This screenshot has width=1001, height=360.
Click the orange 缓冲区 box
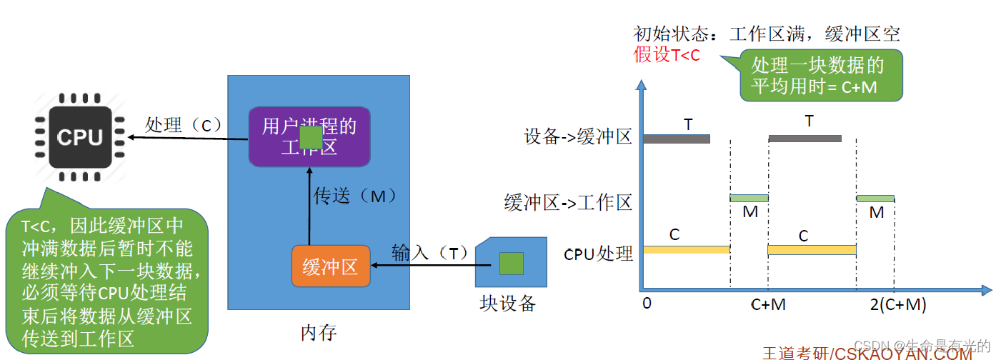click(330, 266)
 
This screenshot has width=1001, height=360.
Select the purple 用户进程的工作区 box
click(309, 136)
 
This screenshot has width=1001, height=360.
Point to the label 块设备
click(507, 304)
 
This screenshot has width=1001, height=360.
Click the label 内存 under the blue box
click(318, 332)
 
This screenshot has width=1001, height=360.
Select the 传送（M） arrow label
click(354, 195)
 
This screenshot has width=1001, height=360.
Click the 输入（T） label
click(429, 252)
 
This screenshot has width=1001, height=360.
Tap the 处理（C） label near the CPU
click(183, 125)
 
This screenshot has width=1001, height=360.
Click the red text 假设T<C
click(667, 54)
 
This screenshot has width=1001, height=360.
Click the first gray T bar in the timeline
click(676, 139)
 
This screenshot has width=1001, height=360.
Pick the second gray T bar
click(805, 139)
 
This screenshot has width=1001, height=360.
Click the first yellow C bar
click(686, 249)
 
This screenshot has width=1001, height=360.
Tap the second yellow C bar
click(812, 249)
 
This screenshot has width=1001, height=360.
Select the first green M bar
click(749, 198)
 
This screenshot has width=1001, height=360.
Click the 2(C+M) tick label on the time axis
click(898, 304)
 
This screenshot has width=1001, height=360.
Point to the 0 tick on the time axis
click(647, 303)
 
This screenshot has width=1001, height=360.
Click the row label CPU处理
click(598, 254)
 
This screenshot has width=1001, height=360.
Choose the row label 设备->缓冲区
click(578, 137)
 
